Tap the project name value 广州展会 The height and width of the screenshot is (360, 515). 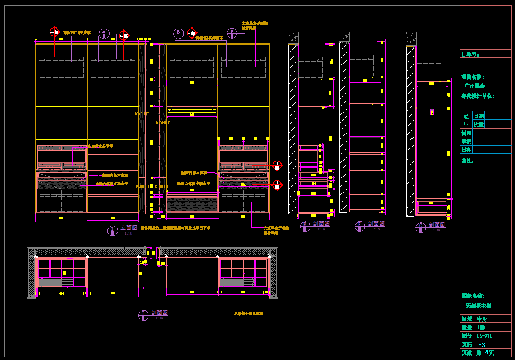click(x=475, y=86)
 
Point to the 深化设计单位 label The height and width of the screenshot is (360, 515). click(x=477, y=96)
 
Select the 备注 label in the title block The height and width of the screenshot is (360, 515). click(x=467, y=161)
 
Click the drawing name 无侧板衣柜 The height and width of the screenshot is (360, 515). click(x=478, y=306)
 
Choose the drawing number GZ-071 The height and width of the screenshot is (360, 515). click(x=484, y=336)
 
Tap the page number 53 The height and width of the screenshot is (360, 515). click(x=481, y=345)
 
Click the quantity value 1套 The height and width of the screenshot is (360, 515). click(x=481, y=328)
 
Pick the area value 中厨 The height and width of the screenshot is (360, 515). click(x=481, y=319)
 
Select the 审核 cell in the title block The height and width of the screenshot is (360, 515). click(x=466, y=142)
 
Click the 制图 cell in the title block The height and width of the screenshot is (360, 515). click(x=466, y=133)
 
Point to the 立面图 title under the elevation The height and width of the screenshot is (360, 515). click(x=129, y=228)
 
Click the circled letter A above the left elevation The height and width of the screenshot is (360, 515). click(x=104, y=34)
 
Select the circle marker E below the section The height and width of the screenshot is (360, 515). click(x=305, y=226)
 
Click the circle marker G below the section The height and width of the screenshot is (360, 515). click(x=420, y=227)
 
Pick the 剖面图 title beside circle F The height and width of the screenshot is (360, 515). click(x=376, y=224)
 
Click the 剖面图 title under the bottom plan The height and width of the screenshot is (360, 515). click(x=160, y=313)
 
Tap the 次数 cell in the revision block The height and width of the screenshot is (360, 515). click(x=479, y=124)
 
